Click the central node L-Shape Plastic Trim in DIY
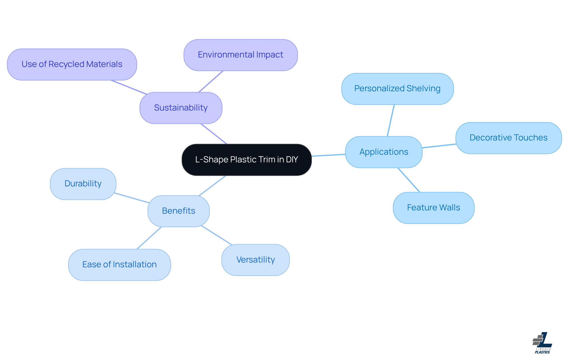click(247, 160)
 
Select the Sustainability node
click(181, 108)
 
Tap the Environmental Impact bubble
click(240, 55)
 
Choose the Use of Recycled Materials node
click(72, 64)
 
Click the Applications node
click(384, 152)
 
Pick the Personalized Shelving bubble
click(397, 89)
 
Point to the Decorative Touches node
click(508, 138)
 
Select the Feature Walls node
click(433, 208)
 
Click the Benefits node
click(178, 211)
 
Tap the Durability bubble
click(83, 184)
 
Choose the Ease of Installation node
click(119, 265)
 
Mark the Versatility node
click(255, 260)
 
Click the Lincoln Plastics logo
click(542, 343)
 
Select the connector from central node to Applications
click(328, 155)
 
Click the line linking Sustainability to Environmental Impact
click(211, 81)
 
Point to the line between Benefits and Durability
click(132, 198)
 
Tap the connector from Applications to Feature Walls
click(409, 180)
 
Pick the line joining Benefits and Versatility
click(216, 235)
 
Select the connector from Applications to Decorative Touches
click(439, 146)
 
